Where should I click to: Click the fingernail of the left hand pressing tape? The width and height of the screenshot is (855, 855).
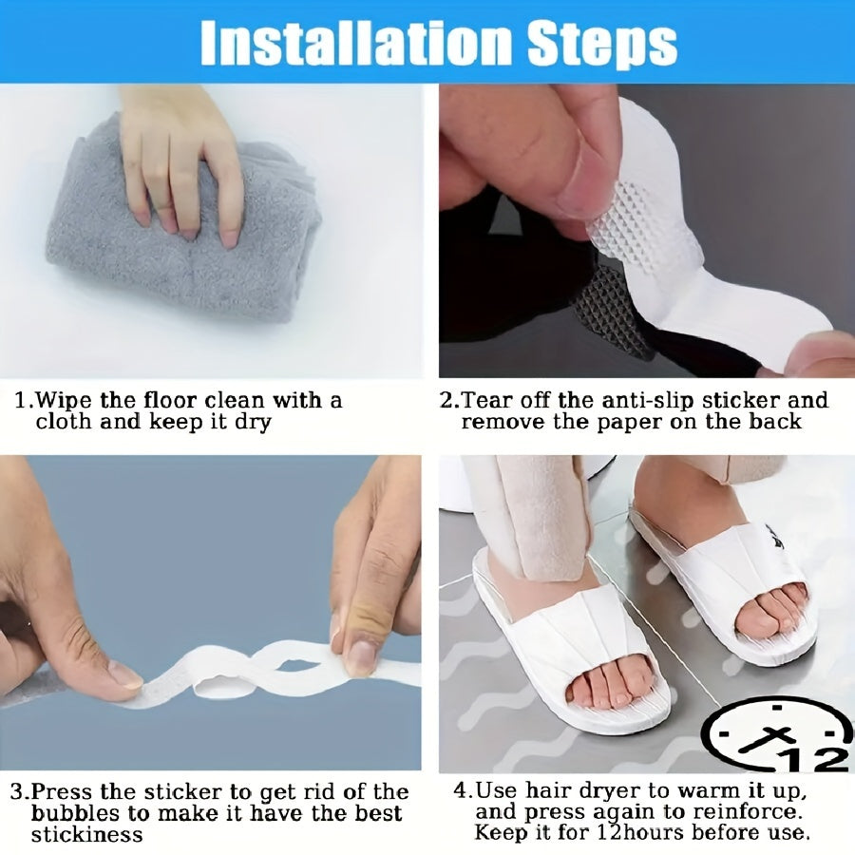tap(123, 674)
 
